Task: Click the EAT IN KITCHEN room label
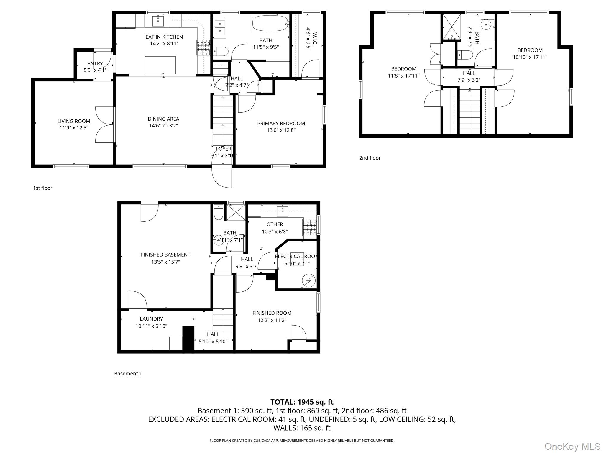(x=164, y=37)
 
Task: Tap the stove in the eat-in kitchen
(x=203, y=47)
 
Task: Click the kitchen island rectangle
(x=160, y=65)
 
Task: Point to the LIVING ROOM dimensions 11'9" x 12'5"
(x=74, y=128)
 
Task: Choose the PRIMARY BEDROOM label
(x=281, y=124)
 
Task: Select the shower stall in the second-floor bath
(x=452, y=27)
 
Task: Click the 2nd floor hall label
(x=469, y=73)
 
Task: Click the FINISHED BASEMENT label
(x=165, y=255)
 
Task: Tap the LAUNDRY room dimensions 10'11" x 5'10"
(x=151, y=326)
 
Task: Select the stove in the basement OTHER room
(x=309, y=227)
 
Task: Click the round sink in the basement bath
(x=219, y=240)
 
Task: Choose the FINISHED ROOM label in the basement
(x=272, y=313)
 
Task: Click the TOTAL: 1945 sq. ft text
(x=302, y=402)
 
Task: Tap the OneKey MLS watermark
(x=572, y=447)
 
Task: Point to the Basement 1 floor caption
(x=128, y=374)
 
